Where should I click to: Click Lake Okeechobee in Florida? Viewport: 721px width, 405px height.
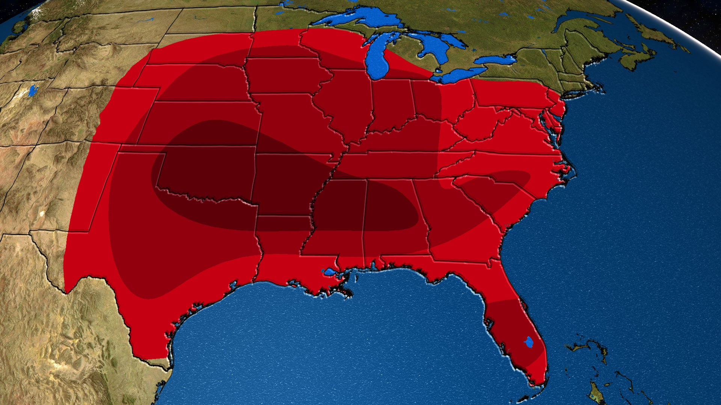[529, 342]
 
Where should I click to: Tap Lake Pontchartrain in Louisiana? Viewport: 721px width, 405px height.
[330, 272]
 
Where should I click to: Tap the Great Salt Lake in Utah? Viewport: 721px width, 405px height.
[33, 90]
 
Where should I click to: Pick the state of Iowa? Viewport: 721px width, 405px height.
[285, 75]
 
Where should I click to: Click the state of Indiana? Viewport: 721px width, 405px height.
[392, 105]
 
